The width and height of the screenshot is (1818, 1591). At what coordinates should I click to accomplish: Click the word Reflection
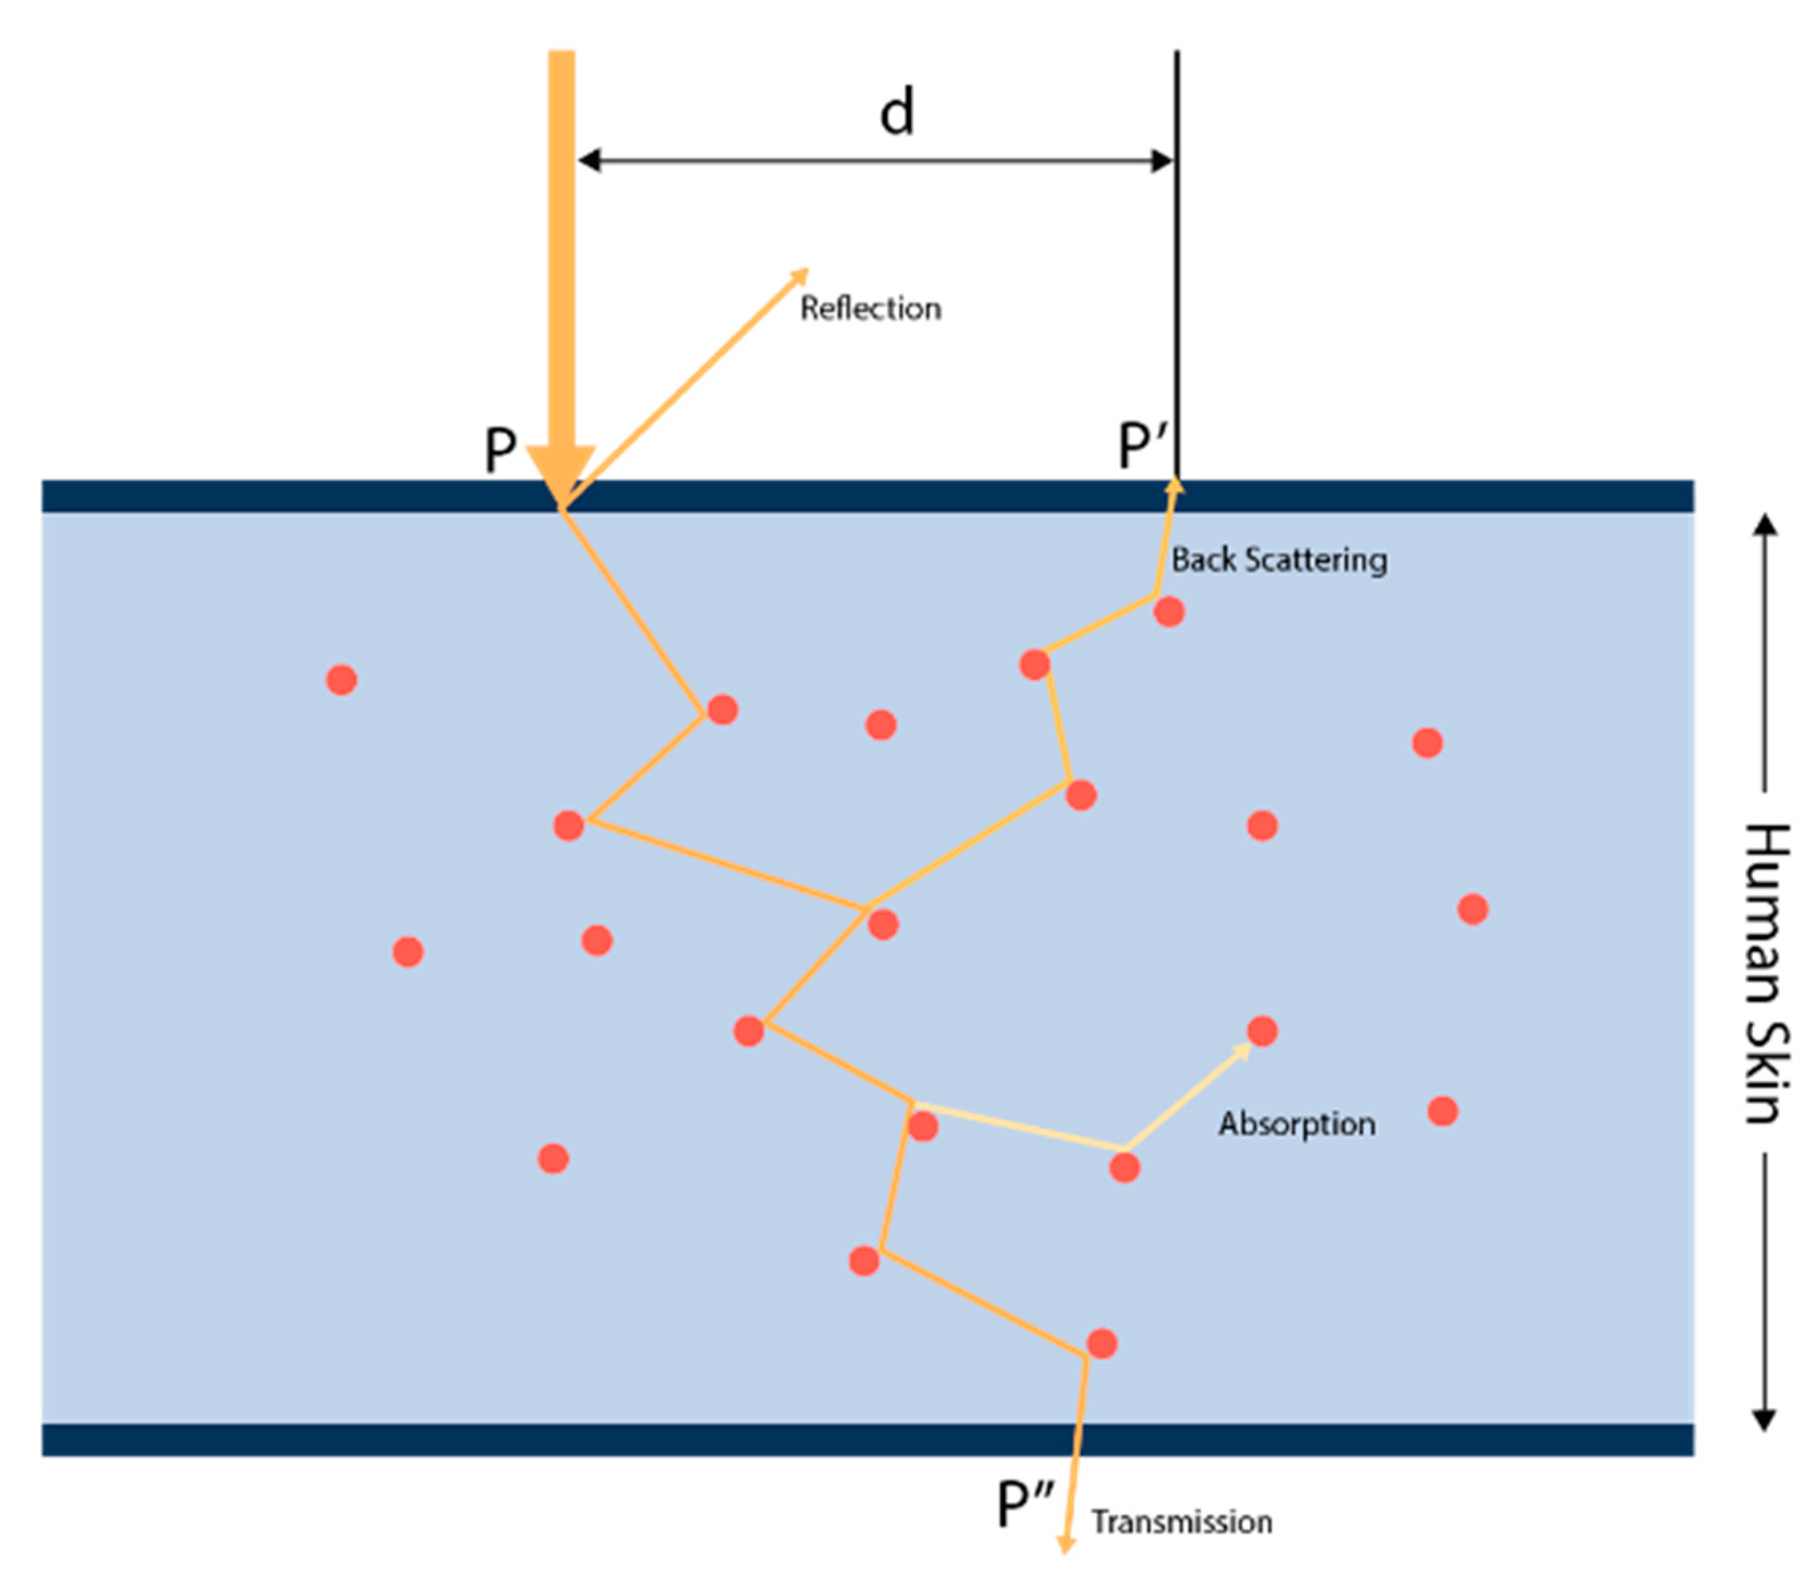coord(870,308)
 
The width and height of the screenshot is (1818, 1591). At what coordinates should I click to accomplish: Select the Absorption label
coord(1296,1124)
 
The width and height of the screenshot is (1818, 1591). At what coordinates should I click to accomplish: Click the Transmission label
coord(1181,1523)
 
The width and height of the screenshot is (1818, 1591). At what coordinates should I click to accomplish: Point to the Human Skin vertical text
coord(1766,973)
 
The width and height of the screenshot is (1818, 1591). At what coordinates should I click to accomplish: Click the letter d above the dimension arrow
coord(896,113)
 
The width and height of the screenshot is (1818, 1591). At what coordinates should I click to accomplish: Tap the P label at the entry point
coord(500,450)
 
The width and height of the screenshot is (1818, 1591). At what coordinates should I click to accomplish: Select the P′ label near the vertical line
coord(1141,446)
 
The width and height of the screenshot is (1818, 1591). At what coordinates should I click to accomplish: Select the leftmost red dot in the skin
coord(342,680)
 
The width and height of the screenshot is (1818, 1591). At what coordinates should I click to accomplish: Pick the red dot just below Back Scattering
coord(1169,612)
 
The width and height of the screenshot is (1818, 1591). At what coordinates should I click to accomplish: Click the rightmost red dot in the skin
coord(1473,909)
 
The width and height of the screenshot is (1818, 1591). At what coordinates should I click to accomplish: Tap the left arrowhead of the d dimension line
coord(588,161)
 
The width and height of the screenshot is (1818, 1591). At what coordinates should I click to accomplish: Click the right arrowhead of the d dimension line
coord(1162,161)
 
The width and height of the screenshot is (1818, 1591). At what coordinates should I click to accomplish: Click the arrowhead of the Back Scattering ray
coord(1175,485)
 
